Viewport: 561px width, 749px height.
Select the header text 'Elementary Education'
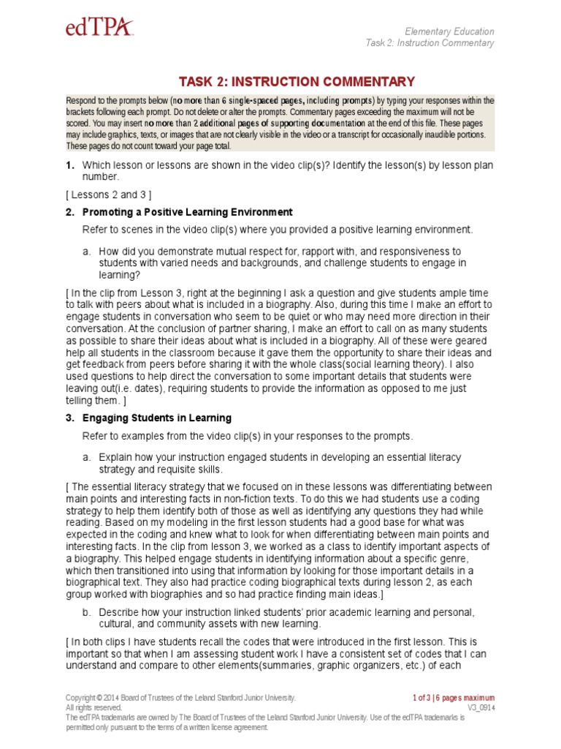449,31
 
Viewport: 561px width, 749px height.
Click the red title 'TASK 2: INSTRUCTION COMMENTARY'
297,81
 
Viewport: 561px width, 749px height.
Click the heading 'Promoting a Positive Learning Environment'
187,212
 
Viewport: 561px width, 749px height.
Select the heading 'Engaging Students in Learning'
157,418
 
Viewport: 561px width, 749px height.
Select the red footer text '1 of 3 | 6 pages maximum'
453,698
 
